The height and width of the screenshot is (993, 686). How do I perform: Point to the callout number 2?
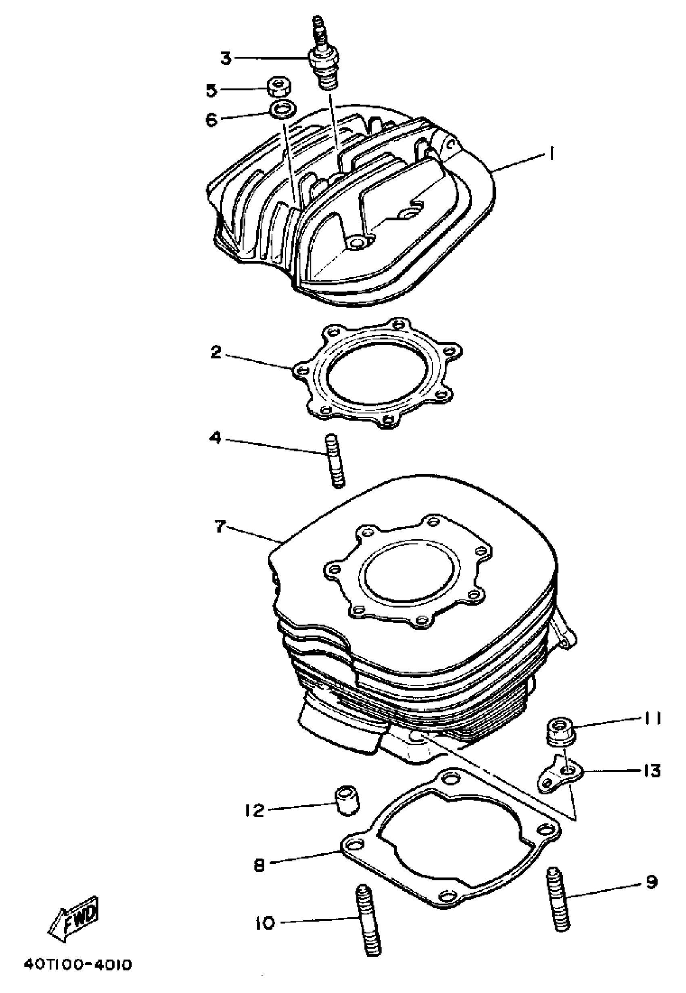(216, 352)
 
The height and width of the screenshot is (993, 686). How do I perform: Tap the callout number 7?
(220, 527)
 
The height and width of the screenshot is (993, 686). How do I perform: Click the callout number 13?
(652, 771)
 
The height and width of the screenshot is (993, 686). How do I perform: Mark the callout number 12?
(254, 811)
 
